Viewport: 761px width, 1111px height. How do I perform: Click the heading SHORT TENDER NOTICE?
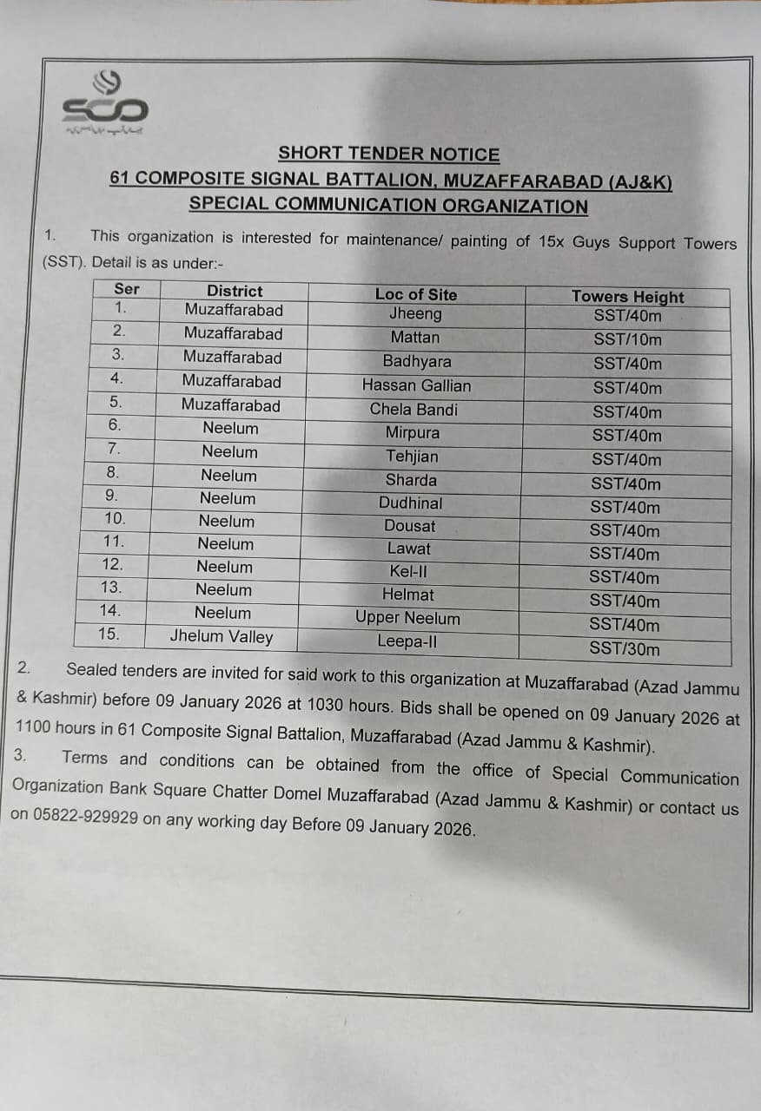coord(388,154)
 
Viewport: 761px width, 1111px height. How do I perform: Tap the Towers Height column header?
coord(627,297)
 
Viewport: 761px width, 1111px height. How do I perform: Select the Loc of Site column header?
coord(415,294)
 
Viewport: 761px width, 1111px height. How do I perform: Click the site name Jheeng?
coord(415,314)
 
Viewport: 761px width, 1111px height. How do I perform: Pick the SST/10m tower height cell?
coord(627,340)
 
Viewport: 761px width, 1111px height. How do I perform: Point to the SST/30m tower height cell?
coord(625,648)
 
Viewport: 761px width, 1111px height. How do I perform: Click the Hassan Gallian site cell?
coord(416,385)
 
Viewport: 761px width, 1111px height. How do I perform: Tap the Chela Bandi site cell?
coord(414,410)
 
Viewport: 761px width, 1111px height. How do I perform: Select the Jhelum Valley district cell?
coord(222,636)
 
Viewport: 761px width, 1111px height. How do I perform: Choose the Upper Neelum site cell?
coord(407,618)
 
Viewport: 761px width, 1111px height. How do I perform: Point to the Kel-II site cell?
coord(408,572)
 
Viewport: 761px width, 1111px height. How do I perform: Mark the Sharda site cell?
coord(411,480)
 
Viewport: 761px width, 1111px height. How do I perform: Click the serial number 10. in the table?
coord(115,519)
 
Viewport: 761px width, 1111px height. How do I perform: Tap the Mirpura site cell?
coord(413,432)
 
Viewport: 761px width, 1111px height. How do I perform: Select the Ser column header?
coord(127,289)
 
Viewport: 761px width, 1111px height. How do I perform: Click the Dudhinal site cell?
coord(410,503)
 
